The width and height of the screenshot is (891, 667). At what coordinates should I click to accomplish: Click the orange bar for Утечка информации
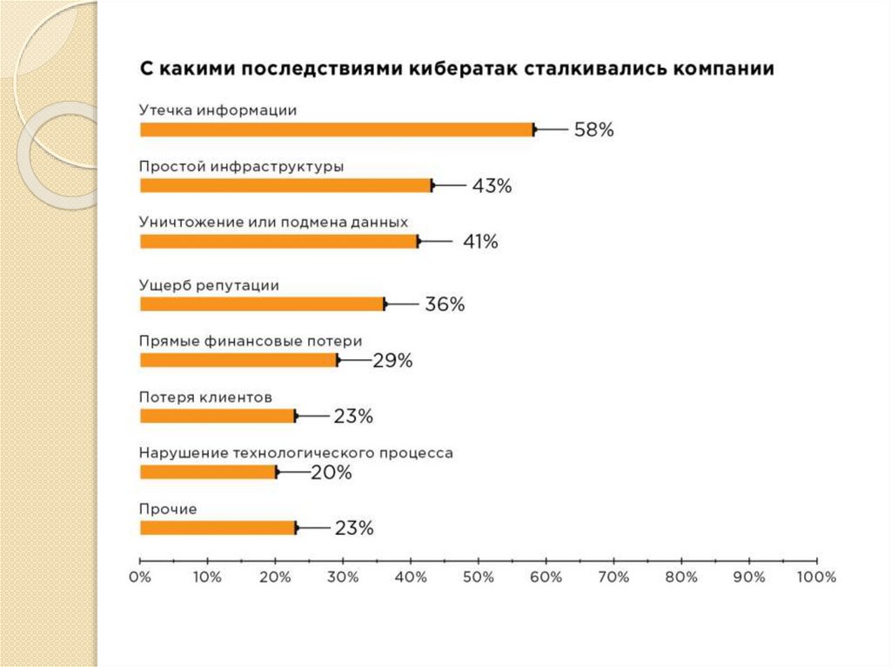(337, 130)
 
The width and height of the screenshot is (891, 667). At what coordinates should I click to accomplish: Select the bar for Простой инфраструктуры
(286, 185)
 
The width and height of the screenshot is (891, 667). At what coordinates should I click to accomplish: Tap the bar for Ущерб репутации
(262, 303)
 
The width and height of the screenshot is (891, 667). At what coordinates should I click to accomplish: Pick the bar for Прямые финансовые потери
(238, 360)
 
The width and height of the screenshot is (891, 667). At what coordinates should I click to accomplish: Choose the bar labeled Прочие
(218, 527)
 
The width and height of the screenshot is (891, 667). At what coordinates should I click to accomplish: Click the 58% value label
(593, 130)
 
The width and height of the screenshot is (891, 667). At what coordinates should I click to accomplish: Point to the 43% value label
(492, 186)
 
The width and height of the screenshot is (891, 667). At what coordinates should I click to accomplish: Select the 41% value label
(479, 242)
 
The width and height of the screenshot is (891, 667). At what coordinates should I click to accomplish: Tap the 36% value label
(445, 304)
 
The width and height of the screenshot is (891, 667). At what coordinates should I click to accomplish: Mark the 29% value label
(392, 360)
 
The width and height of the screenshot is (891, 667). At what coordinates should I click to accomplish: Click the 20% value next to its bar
(332, 472)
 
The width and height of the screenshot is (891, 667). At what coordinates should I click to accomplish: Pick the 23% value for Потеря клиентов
(353, 417)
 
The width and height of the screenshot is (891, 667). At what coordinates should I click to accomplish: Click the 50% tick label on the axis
(479, 577)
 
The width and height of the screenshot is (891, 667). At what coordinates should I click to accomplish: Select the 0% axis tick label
(140, 577)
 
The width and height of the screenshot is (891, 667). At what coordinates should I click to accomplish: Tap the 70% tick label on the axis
(613, 577)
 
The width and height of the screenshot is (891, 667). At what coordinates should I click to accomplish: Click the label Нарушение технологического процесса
(296, 453)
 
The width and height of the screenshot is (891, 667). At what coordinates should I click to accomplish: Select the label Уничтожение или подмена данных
(273, 222)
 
